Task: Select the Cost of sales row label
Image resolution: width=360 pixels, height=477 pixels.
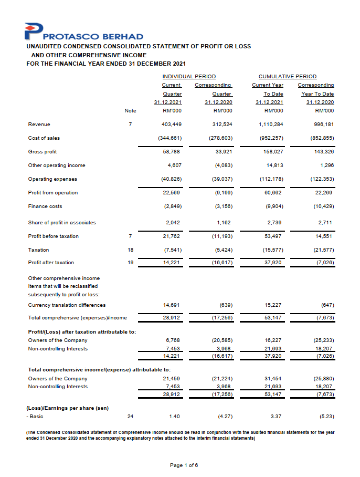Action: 44,138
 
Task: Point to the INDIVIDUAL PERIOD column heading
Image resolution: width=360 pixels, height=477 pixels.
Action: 189,77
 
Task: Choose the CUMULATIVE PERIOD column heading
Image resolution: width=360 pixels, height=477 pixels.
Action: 288,77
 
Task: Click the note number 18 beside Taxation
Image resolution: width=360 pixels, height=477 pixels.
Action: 131,250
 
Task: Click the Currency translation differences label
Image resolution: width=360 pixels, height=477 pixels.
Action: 67,305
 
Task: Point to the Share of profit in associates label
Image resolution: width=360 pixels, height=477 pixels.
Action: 62,223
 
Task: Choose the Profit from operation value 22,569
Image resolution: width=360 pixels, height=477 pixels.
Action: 173,193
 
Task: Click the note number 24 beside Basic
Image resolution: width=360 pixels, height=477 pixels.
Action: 131,417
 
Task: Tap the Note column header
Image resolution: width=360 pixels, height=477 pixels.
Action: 130,111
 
